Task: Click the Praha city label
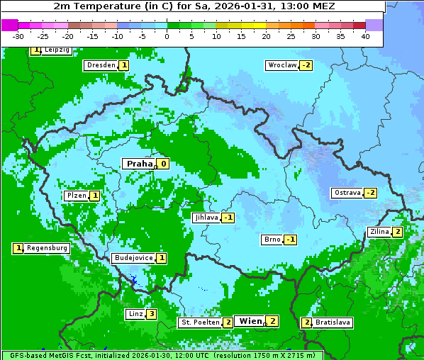(139, 164)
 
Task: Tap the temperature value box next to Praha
(163, 164)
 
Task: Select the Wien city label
(250, 321)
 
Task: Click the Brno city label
(272, 240)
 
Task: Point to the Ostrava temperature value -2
(370, 193)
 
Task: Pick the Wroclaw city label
(281, 65)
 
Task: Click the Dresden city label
(100, 65)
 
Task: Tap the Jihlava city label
(206, 218)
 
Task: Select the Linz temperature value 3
(151, 314)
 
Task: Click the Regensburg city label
(47, 248)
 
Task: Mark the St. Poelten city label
(200, 322)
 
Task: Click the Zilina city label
(379, 232)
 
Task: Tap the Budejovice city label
(133, 258)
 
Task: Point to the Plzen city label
(76, 196)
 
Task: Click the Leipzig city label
(56, 50)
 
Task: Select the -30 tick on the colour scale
(18, 36)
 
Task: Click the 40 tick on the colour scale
(364, 36)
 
